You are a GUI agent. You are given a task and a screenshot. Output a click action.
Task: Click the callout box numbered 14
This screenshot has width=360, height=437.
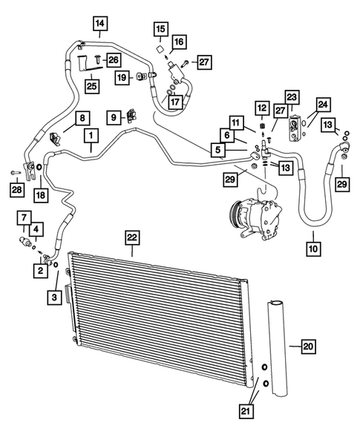(x=99, y=23)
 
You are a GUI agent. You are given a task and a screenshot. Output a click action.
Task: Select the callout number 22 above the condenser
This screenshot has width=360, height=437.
(x=131, y=237)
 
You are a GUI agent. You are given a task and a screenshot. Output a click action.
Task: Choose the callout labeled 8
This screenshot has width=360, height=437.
(x=82, y=117)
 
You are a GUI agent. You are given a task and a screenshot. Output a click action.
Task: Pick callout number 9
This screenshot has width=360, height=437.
(x=114, y=117)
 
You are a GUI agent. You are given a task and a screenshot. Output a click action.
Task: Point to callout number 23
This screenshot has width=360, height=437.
(x=291, y=97)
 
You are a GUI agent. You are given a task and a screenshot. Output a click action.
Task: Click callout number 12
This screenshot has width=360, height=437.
(x=261, y=108)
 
